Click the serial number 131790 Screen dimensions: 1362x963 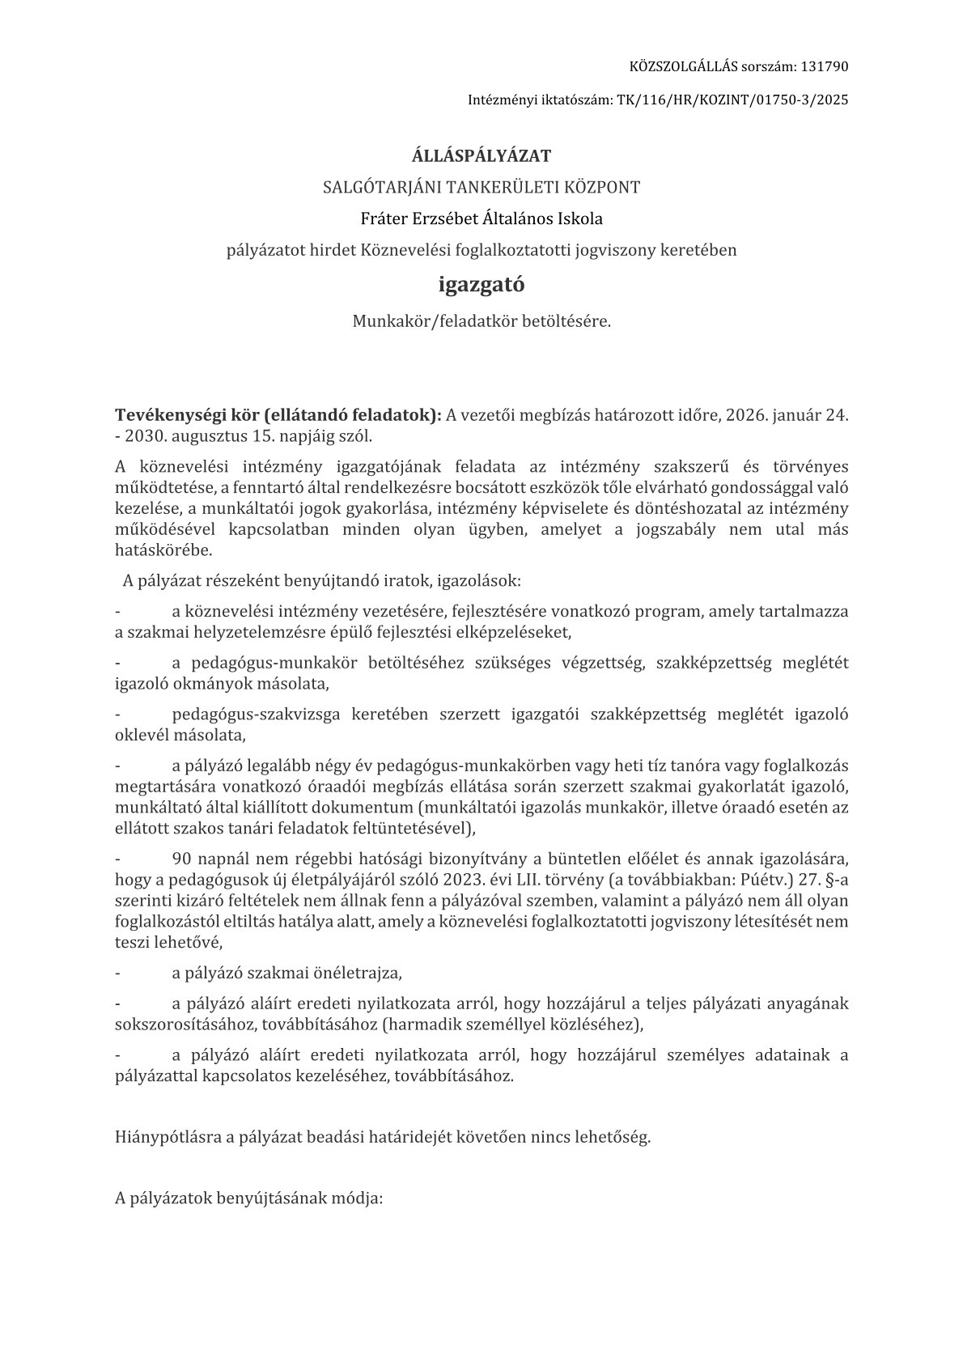(826, 66)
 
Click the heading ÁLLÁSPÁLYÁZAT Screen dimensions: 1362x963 (481, 155)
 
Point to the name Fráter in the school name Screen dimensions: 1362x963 (384, 219)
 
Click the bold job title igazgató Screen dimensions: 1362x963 (481, 285)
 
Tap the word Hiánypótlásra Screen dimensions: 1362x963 (168, 1137)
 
